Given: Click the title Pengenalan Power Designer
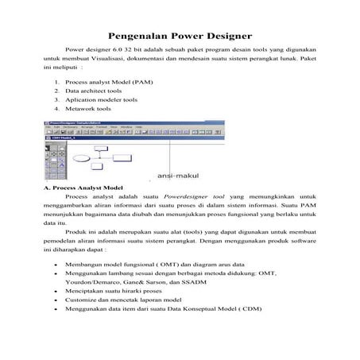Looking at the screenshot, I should click(180, 36).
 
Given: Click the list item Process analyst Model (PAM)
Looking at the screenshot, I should click(109, 82).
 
